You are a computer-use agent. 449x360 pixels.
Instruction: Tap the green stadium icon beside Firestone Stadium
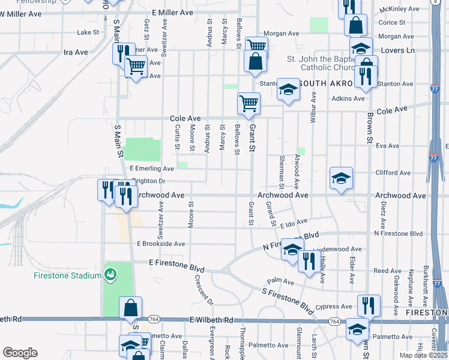[110, 275]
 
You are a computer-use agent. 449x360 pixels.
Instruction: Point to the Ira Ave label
[76, 52]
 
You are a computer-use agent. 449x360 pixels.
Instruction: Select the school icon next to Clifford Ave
[341, 178]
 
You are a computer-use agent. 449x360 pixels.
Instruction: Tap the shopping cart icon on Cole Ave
[249, 103]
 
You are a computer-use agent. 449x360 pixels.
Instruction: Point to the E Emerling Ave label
[151, 169]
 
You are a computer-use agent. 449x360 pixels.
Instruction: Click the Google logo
[20, 353]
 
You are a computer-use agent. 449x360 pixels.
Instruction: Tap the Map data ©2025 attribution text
[423, 355]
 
